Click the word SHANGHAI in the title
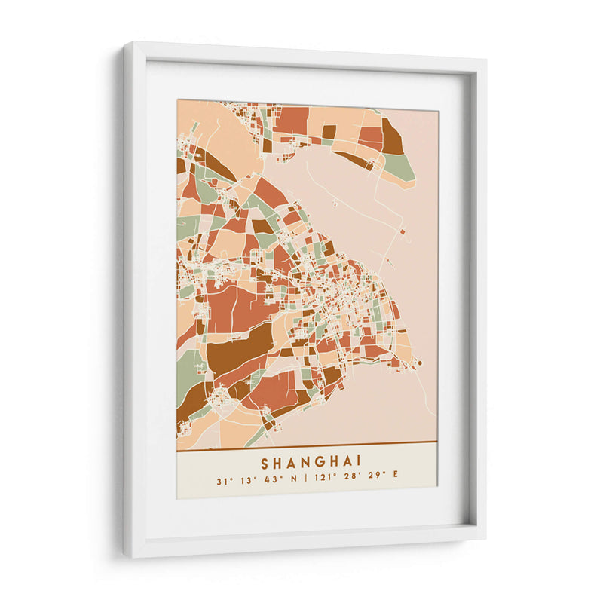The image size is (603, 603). [311, 461]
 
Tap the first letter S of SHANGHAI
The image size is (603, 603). [265, 461]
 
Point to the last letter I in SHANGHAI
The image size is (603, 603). [359, 461]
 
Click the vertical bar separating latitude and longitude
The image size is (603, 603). [306, 480]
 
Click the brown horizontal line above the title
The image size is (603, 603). [307, 442]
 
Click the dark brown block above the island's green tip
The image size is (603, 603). [391, 139]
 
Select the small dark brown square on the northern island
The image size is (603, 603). [329, 131]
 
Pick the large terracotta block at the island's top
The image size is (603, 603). [292, 119]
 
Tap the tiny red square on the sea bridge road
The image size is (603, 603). [403, 231]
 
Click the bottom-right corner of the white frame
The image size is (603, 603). [485, 537]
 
